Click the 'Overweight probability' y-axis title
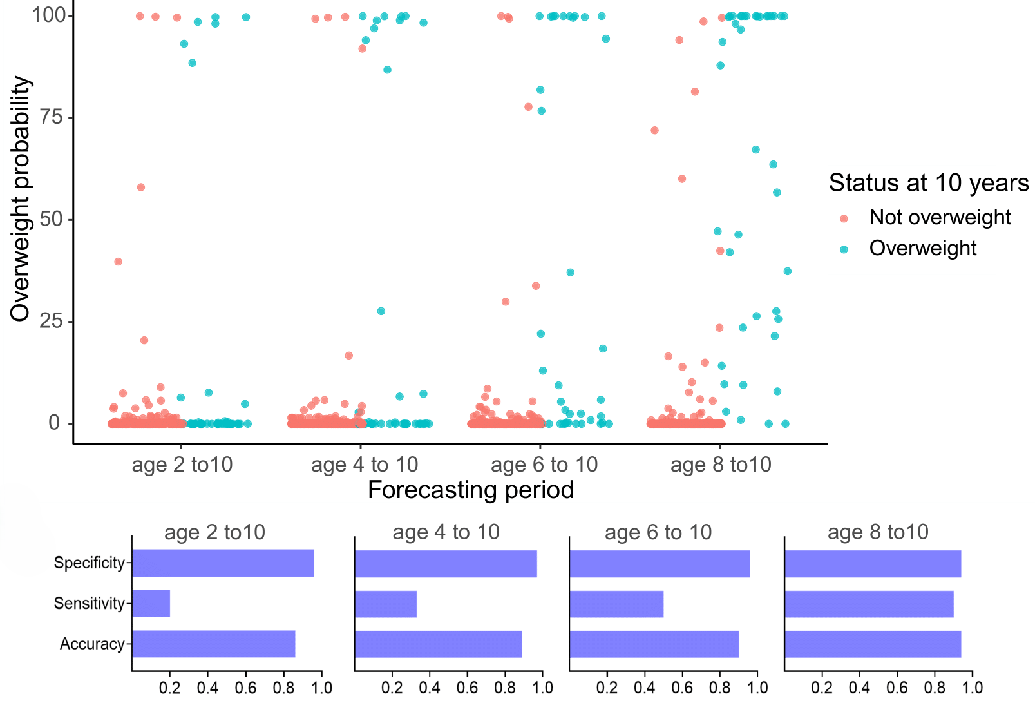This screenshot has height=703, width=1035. [21, 198]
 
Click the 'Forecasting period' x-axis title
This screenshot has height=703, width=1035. [470, 490]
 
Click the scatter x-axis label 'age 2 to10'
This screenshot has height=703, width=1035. [182, 465]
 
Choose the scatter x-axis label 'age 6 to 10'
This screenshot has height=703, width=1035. [544, 465]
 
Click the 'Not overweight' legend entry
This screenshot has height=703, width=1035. [940, 218]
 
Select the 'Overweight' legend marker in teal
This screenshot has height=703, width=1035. [844, 249]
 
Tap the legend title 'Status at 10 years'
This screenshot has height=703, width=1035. [928, 183]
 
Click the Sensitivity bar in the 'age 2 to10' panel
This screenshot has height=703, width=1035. [151, 604]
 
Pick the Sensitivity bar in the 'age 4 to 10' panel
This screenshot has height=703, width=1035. [386, 604]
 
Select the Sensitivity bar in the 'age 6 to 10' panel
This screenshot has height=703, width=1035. [616, 604]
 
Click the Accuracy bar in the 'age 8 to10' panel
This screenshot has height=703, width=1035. [873, 644]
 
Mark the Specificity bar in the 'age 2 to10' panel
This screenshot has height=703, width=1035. [223, 563]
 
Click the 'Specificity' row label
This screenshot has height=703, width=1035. [89, 563]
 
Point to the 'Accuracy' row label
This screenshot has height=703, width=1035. [92, 644]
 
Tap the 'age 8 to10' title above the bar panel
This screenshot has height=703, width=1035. [878, 532]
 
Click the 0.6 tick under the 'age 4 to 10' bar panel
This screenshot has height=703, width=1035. [467, 688]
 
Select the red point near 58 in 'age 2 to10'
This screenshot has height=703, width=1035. [141, 188]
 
